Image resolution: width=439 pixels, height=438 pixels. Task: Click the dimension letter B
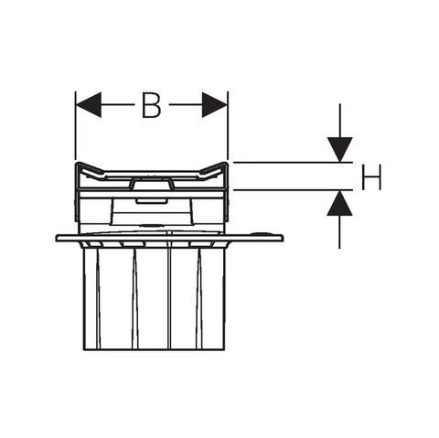(x=151, y=105)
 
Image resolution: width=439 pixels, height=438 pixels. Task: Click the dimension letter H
(x=371, y=176)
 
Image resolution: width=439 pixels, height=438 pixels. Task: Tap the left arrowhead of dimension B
(x=88, y=105)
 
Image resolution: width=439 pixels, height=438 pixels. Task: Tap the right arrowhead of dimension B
(x=215, y=105)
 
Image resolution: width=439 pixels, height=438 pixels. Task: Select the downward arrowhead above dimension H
(x=340, y=149)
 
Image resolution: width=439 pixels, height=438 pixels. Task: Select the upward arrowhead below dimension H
(x=339, y=203)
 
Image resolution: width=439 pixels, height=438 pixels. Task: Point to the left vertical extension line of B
(x=75, y=125)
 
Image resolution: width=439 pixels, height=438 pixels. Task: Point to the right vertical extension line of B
(x=228, y=125)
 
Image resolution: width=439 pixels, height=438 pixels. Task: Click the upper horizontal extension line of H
(x=293, y=163)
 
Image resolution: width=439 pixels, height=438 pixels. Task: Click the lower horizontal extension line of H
(x=293, y=190)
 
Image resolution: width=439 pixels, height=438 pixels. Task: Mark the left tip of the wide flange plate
(x=56, y=239)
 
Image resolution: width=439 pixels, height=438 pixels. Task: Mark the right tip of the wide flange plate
(x=284, y=238)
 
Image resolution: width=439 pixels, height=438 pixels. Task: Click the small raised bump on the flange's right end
(x=260, y=233)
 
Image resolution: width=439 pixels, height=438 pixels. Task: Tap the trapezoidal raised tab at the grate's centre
(x=152, y=183)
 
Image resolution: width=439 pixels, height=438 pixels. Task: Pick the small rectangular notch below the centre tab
(x=151, y=200)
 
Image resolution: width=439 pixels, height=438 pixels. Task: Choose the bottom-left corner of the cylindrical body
(x=84, y=350)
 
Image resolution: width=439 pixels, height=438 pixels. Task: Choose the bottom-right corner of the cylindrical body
(x=225, y=350)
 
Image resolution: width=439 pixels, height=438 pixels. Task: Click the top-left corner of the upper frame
(x=76, y=164)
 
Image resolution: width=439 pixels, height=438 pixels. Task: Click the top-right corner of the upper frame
(x=228, y=164)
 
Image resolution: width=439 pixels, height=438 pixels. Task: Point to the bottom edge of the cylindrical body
(x=155, y=350)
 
